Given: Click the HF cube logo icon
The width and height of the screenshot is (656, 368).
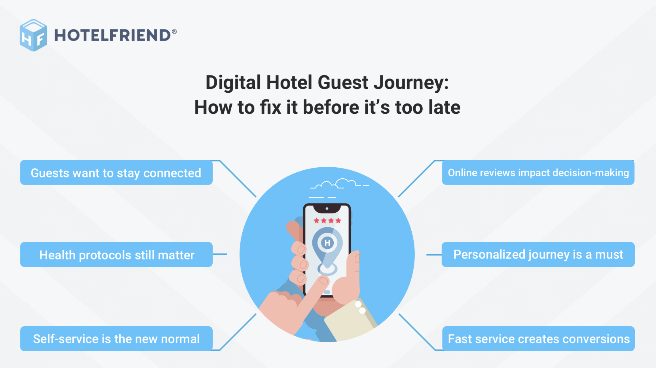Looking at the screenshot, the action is point(33,35).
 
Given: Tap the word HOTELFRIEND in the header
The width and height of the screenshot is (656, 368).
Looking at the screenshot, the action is point(113,35).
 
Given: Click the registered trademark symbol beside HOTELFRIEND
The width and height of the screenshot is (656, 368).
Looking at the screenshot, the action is point(174,32).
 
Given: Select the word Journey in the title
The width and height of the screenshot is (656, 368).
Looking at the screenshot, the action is point(411,83).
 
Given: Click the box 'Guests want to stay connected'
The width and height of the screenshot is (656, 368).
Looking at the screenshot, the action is point(116,173).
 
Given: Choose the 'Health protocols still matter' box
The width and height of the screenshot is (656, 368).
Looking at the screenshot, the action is point(116,255).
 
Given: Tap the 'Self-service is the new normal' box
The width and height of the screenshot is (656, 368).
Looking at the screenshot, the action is point(116,339).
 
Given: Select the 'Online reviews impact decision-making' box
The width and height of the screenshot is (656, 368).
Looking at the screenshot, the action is point(538,173).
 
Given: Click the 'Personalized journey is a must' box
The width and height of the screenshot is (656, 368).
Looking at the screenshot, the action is point(538,255).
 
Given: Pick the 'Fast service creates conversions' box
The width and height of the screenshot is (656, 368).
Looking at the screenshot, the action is point(538,339).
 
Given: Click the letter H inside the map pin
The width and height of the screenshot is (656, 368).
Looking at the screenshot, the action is point(327,243).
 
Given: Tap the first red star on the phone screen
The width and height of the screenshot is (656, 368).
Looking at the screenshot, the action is point(316,221).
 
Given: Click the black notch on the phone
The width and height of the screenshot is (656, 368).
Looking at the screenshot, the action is point(327,209).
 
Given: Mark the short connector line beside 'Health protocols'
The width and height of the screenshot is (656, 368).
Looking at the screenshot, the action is point(220,254).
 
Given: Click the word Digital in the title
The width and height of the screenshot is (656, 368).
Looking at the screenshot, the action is point(233,83).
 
